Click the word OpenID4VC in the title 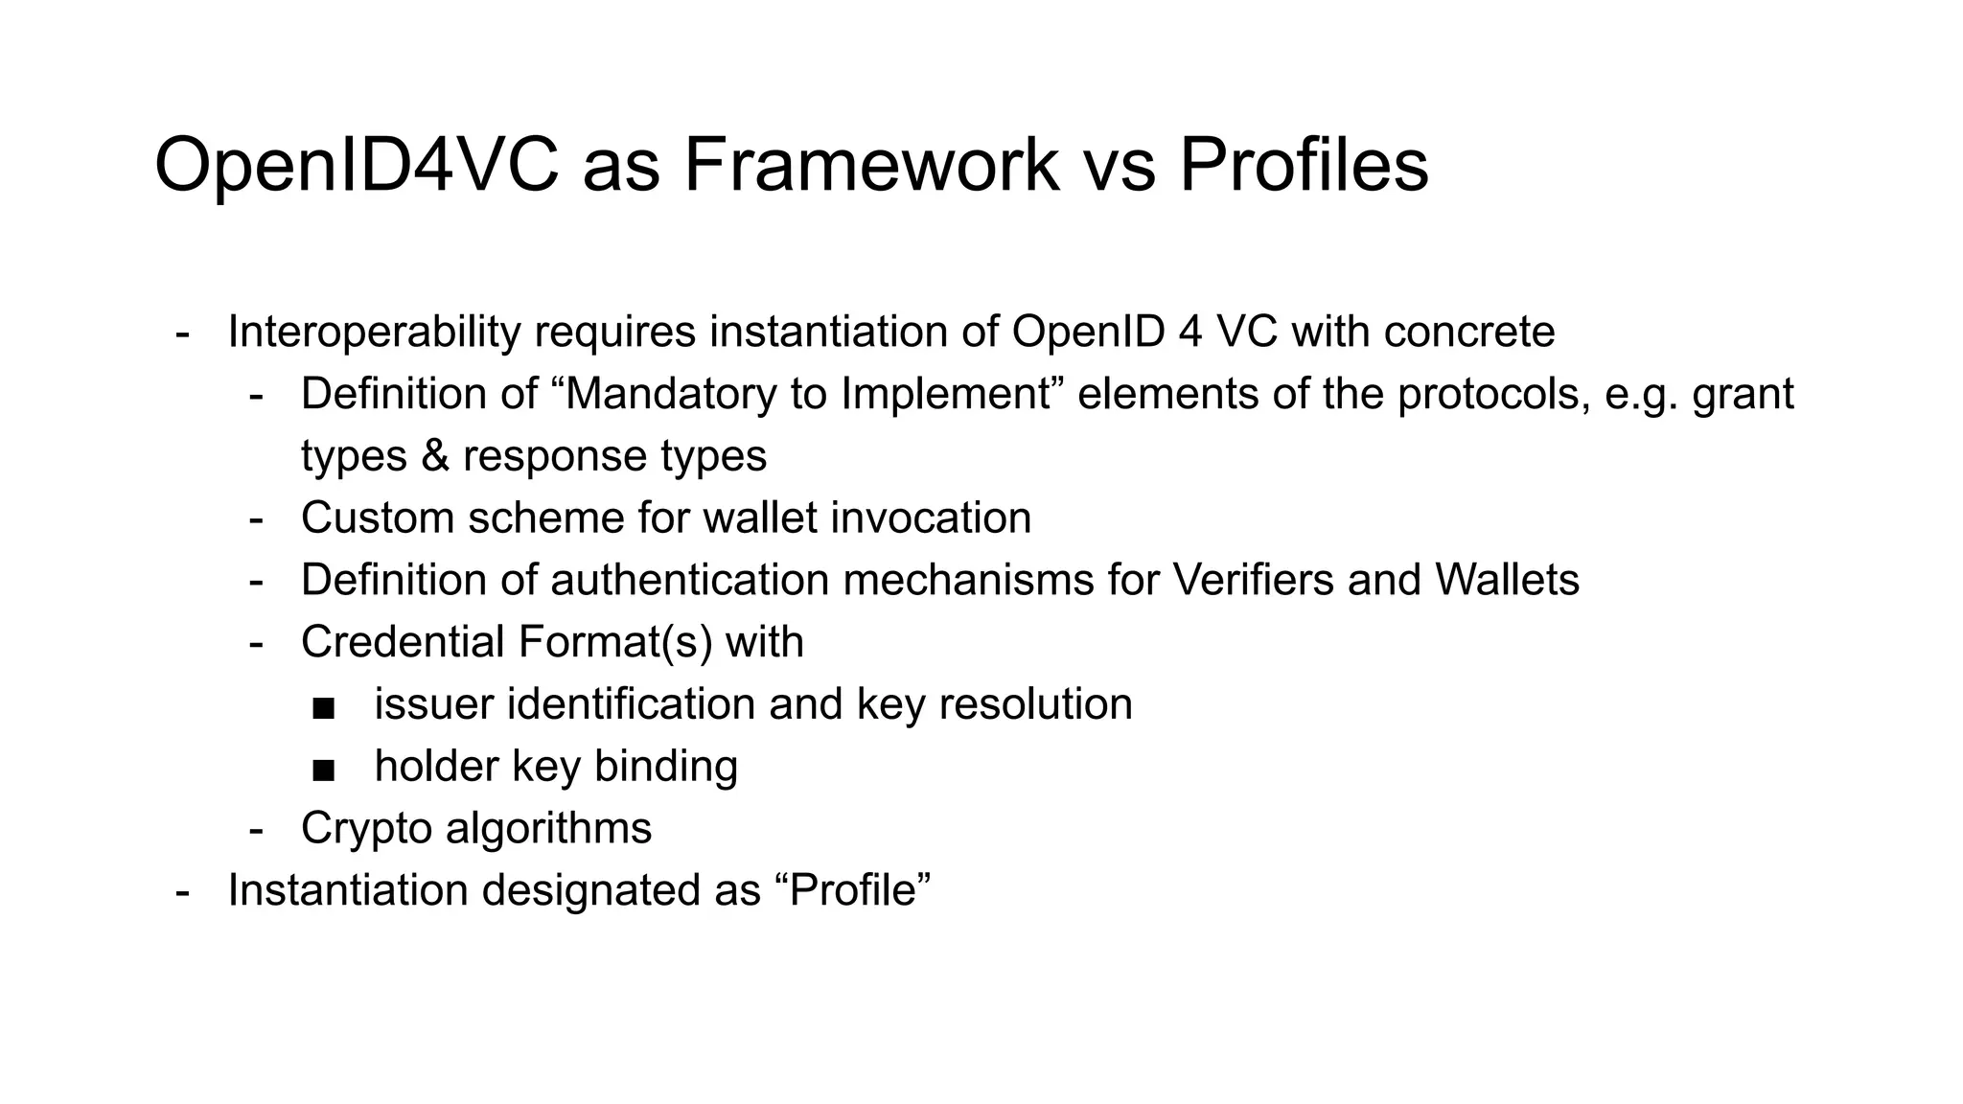(x=356, y=166)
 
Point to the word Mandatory (x=671, y=394)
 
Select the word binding (x=665, y=767)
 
